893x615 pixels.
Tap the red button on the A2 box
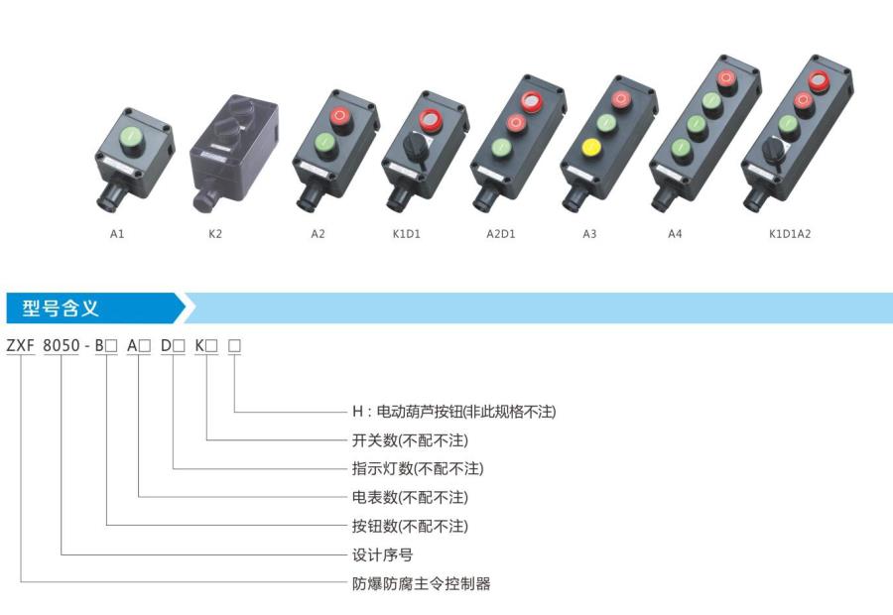(340, 118)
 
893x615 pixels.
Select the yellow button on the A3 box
(591, 149)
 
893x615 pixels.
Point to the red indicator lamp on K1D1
(431, 120)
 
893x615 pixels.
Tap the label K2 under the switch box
(215, 234)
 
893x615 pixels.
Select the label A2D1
(501, 234)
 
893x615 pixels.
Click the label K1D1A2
(790, 234)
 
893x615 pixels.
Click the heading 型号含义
(62, 308)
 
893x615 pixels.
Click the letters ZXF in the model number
(21, 346)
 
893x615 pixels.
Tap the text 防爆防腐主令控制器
(421, 583)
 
